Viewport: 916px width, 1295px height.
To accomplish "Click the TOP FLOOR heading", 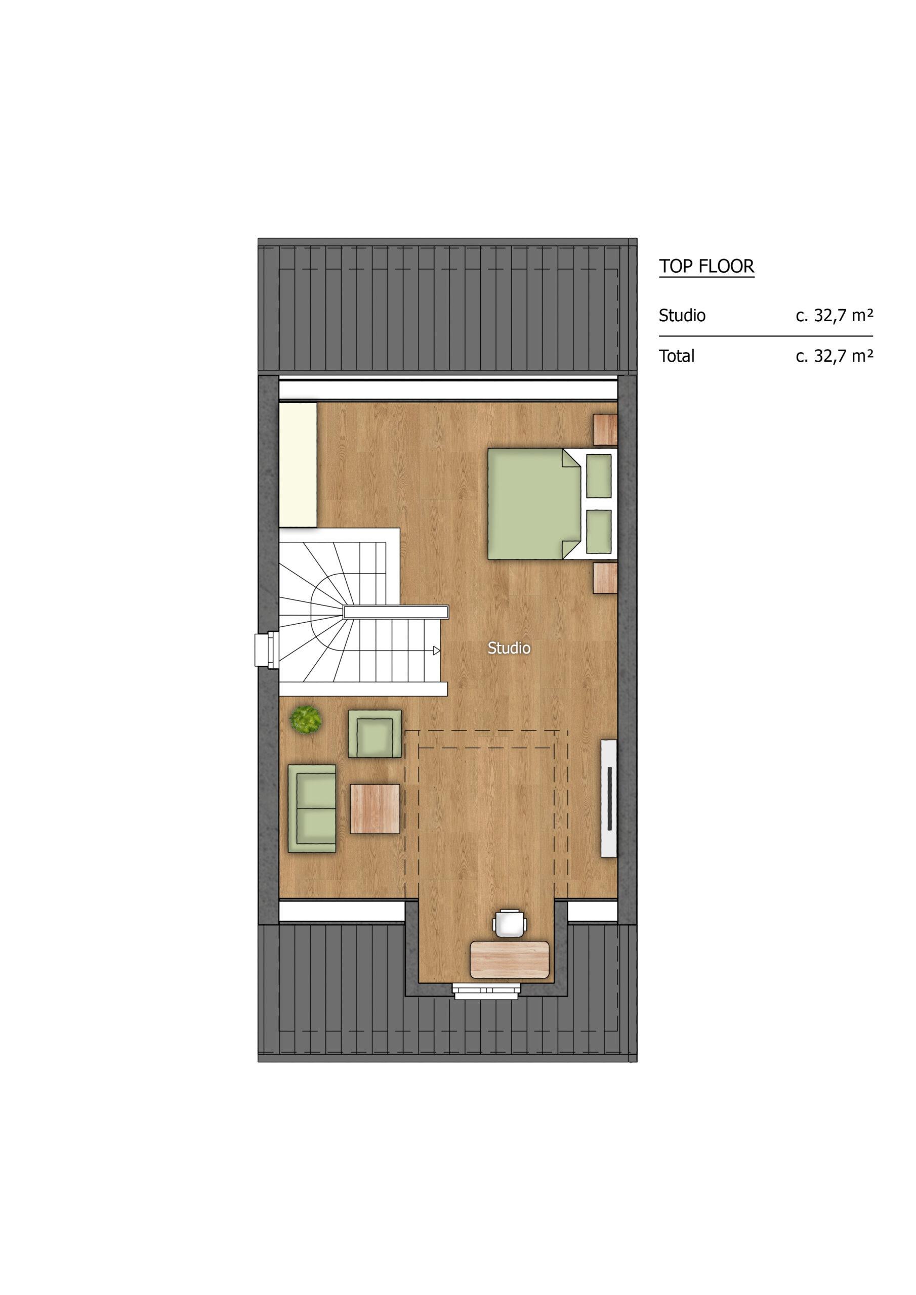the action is tap(706, 266).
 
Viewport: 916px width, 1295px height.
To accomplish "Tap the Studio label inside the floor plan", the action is tap(509, 648).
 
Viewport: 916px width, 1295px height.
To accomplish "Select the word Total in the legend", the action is tap(676, 356).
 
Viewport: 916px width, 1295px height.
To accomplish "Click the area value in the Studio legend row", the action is tap(835, 315).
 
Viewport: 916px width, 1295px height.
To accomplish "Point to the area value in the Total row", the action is tap(835, 356).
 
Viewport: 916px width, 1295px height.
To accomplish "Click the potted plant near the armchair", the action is tap(306, 719).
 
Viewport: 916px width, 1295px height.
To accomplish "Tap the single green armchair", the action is tap(376, 733).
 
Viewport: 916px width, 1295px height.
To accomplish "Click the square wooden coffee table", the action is tap(376, 808).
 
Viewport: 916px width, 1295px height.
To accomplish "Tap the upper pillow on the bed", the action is tap(599, 475).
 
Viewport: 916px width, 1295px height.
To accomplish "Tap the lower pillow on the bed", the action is tap(599, 531).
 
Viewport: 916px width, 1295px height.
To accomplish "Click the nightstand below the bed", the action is tap(606, 578).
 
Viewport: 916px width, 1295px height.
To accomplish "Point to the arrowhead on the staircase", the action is tap(436, 651).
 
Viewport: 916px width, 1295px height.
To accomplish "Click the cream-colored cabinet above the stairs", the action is tap(298, 465).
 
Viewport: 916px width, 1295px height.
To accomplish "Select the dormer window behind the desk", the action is tap(486, 991).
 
